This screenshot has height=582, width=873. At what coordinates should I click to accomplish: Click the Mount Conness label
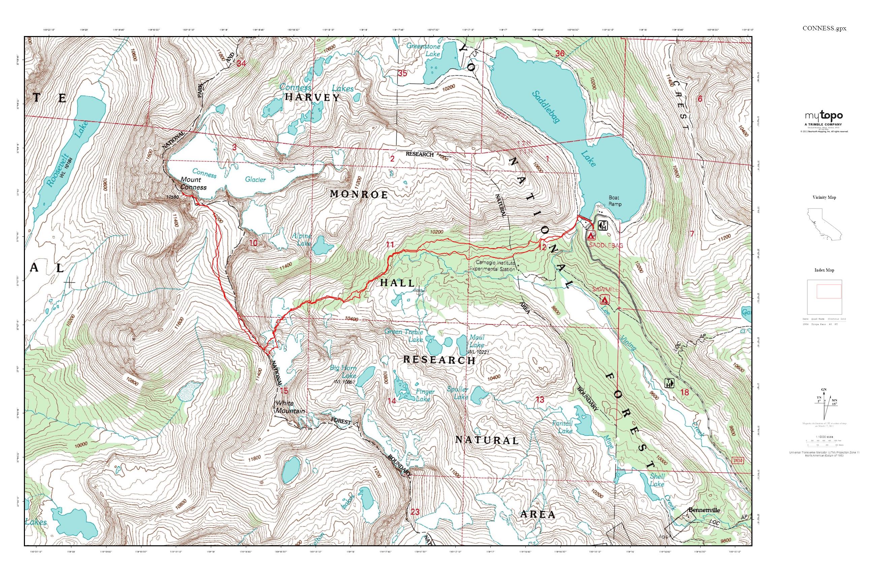pos(193,183)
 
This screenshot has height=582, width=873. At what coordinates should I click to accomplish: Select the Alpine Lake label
pos(301,240)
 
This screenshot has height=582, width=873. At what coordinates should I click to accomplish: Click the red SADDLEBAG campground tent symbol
pos(590,235)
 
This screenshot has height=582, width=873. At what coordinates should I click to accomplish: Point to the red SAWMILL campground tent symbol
pos(604,299)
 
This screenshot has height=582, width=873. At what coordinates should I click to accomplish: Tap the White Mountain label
pos(290,407)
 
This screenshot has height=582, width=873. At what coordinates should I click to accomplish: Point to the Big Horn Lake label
pos(343,371)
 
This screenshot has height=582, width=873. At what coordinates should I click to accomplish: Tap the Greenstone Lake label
pos(423,50)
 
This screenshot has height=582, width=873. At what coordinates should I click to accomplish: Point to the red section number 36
pos(560,54)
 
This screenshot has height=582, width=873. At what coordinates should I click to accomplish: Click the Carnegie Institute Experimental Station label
pos(492,266)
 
